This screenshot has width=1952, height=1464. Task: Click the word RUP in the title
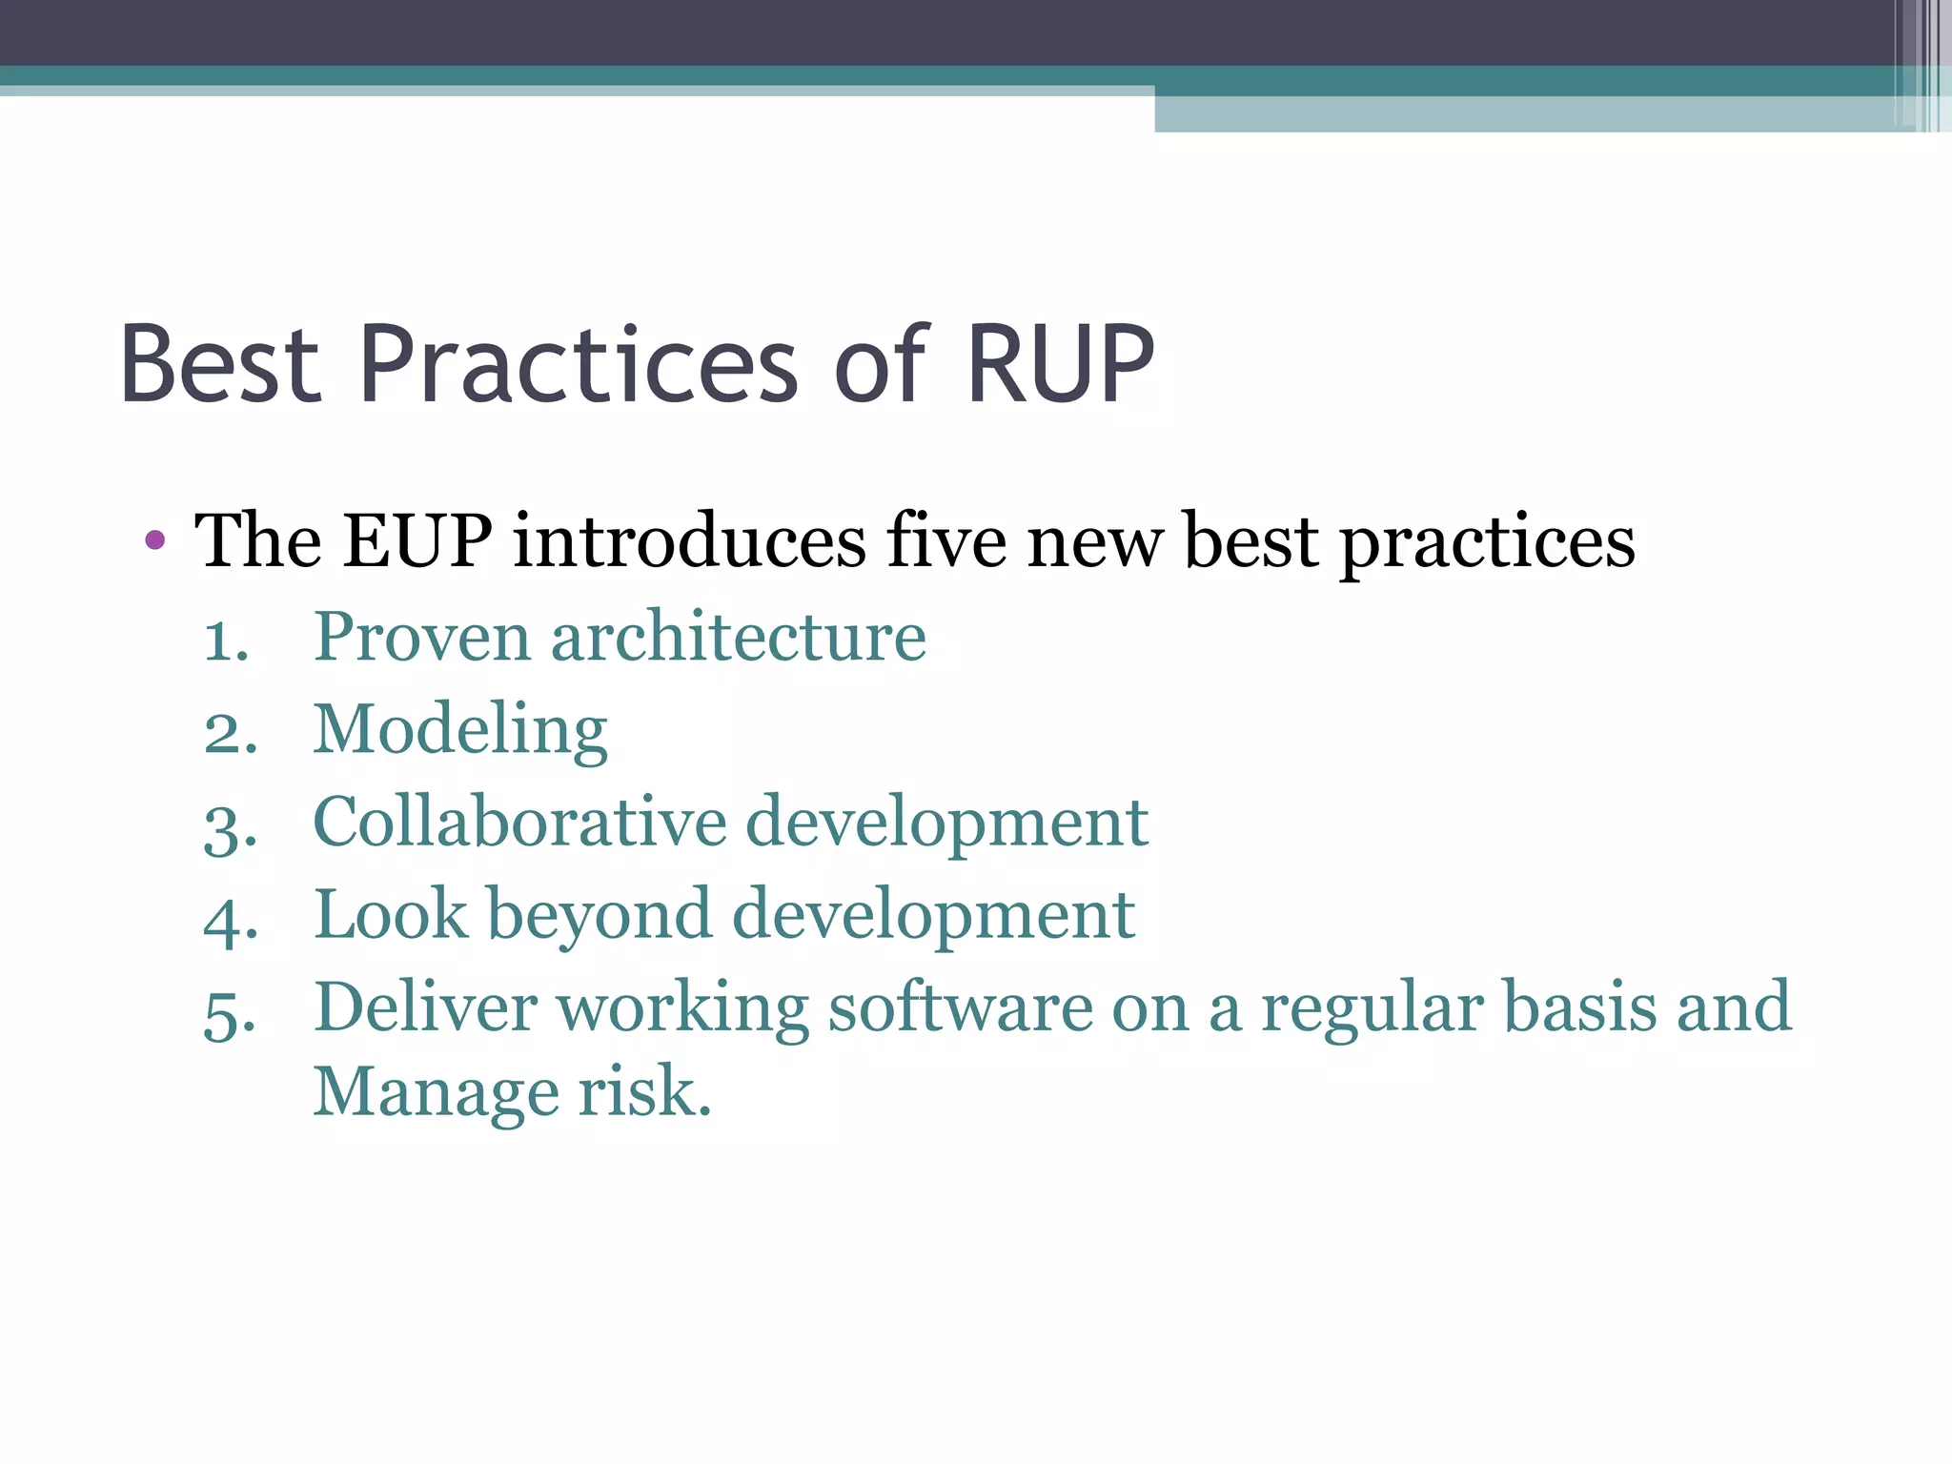[1060, 365]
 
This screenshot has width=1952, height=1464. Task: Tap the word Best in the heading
[220, 365]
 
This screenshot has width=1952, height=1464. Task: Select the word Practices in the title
[579, 365]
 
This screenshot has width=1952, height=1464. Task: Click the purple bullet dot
[155, 541]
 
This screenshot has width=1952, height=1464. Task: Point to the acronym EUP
[417, 541]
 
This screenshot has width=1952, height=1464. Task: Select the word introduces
[689, 541]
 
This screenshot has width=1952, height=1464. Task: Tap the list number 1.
[226, 640]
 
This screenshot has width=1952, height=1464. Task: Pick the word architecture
[738, 637]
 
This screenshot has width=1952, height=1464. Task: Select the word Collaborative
[519, 822]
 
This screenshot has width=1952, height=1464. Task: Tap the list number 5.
[230, 1014]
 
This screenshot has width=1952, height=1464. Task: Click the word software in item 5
[960, 1008]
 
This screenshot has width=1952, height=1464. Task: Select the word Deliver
[425, 1008]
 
